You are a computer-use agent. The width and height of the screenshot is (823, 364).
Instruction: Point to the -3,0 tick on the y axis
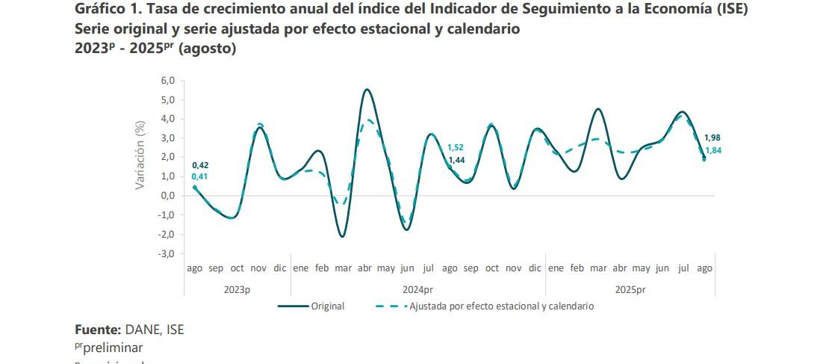163,253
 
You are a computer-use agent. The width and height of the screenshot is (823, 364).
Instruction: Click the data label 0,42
200,165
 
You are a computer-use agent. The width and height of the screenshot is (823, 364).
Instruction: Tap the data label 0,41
200,176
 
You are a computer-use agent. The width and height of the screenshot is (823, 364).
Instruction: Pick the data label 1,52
456,147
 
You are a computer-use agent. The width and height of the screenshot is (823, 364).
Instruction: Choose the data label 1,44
456,160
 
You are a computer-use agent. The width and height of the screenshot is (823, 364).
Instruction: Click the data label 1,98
712,138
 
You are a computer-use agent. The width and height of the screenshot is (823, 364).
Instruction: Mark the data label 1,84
712,150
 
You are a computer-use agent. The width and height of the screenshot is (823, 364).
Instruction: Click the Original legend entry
327,306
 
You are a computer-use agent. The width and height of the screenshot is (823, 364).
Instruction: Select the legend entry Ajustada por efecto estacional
500,306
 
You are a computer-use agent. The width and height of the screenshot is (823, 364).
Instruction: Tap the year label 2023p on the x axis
237,289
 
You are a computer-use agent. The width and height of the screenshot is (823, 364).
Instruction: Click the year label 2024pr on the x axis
417,289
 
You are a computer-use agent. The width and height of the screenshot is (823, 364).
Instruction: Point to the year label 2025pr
630,289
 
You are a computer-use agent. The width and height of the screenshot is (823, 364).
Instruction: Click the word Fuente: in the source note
98,329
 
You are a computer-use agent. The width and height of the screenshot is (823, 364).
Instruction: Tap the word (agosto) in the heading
205,49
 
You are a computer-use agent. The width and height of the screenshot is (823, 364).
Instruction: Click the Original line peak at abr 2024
366,90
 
